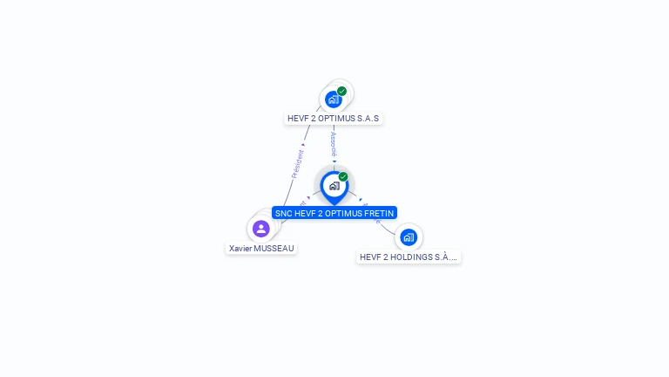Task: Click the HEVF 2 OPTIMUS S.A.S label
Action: click(x=334, y=118)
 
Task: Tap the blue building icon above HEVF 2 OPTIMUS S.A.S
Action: click(x=333, y=99)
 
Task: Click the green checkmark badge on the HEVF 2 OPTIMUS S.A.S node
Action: click(x=342, y=91)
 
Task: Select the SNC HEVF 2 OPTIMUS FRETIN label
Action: click(x=334, y=213)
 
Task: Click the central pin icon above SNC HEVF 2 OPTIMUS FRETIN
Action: click(x=334, y=186)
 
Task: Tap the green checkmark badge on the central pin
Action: click(x=343, y=176)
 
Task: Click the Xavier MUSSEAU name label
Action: click(x=261, y=248)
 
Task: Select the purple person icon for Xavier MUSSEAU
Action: click(x=260, y=229)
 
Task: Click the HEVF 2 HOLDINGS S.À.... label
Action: click(x=409, y=257)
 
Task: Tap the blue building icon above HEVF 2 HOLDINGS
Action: click(x=409, y=236)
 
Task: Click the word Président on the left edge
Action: click(x=298, y=163)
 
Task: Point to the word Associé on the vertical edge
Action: click(x=334, y=144)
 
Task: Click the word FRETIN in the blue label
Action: click(x=379, y=213)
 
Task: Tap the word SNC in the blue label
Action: click(x=283, y=213)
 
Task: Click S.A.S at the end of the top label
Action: click(x=367, y=118)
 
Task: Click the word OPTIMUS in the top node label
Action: click(x=335, y=118)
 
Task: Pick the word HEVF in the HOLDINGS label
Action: click(x=370, y=257)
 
